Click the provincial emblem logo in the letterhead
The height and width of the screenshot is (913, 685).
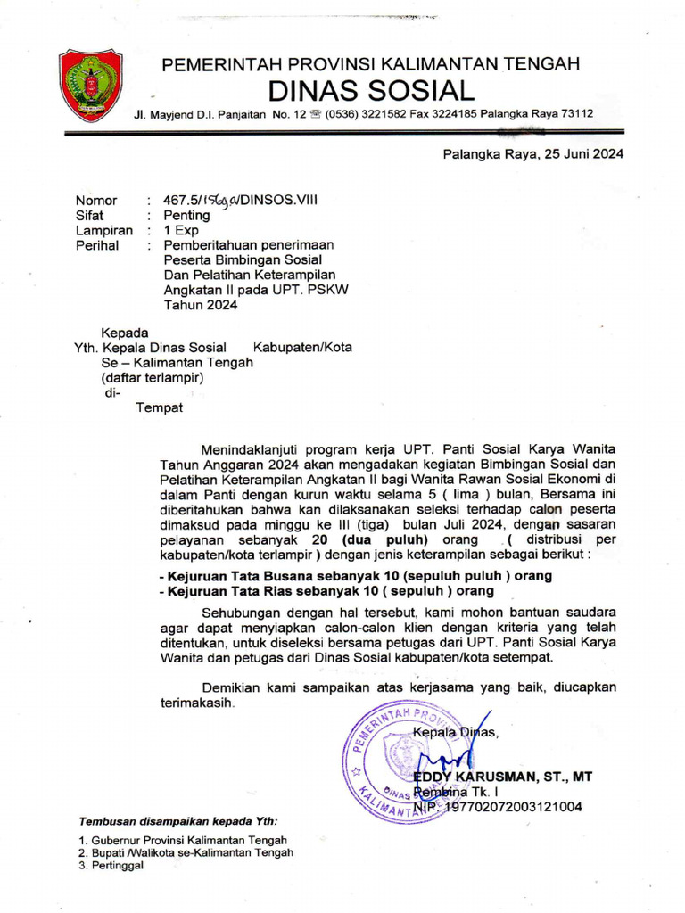[x=90, y=86]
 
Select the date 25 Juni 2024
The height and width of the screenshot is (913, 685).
[x=582, y=153]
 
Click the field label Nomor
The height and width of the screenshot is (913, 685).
[x=95, y=201]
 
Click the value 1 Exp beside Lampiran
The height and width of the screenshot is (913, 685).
[x=181, y=230]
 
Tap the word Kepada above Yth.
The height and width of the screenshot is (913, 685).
[x=124, y=333]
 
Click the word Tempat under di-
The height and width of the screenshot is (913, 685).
[x=158, y=407]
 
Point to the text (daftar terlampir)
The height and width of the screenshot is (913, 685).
[x=153, y=377]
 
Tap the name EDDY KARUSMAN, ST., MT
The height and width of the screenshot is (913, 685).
[x=502, y=777]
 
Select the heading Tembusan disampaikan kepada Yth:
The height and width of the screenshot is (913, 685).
[x=177, y=821]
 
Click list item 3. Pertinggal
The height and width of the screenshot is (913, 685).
[x=111, y=865]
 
